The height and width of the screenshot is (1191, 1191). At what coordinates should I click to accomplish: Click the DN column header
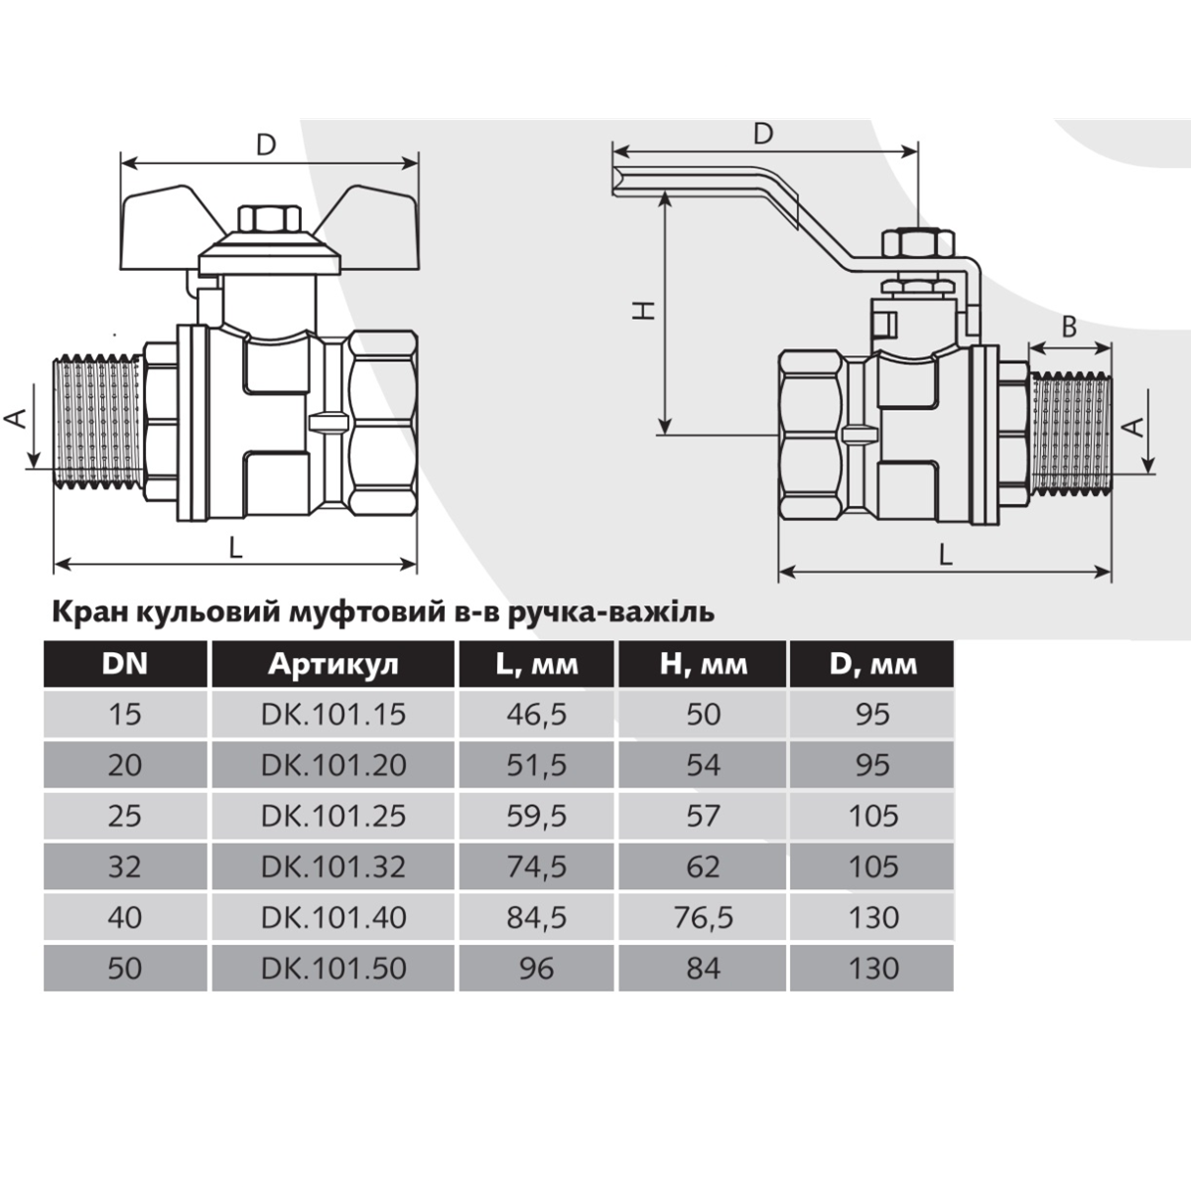pos(125,664)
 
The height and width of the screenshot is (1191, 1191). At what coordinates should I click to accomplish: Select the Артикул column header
pos(333,664)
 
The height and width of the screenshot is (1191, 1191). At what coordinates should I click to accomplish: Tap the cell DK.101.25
pos(333,816)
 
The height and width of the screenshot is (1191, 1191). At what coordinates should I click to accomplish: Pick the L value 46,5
pos(536,715)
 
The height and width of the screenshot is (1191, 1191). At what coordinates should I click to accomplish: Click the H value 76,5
pos(704,918)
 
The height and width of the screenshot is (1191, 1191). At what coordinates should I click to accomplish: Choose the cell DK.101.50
pos(333,968)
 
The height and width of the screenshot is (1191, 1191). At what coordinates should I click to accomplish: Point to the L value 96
pos(536,968)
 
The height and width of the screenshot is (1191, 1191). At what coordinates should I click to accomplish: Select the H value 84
pos(704,968)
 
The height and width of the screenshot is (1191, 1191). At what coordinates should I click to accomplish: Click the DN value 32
pos(125,866)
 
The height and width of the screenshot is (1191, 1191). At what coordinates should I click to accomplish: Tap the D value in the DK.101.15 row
pos(872,715)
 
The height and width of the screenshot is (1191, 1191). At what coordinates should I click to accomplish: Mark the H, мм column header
pos(704,664)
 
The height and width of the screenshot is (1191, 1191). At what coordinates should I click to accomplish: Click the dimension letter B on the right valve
pos(1069,328)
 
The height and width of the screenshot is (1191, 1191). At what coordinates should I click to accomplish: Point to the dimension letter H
pos(644,310)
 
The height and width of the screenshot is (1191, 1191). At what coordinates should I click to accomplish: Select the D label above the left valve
pos(266,145)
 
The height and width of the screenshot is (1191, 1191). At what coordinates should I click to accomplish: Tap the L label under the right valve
pos(945,555)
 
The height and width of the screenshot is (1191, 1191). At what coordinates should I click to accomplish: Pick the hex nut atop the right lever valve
pos(918,243)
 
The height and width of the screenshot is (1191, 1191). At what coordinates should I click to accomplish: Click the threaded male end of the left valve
pos(99,423)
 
